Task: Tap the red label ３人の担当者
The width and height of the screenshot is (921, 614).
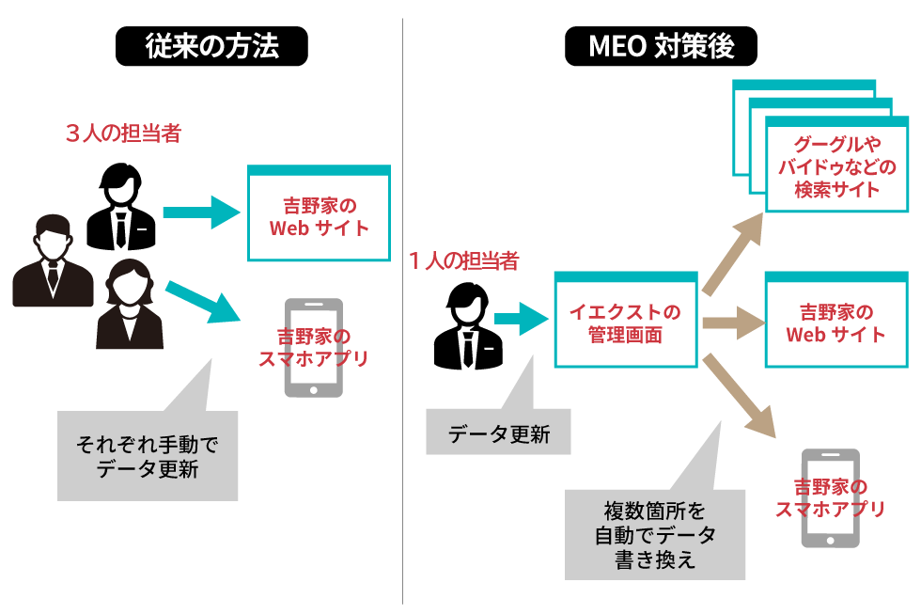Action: click(122, 134)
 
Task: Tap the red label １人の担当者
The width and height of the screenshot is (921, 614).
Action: click(463, 260)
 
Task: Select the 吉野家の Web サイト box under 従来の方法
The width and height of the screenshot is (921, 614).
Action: click(319, 215)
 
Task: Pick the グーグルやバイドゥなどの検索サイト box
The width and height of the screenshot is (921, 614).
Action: click(836, 165)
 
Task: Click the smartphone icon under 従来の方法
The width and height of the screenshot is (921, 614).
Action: click(313, 349)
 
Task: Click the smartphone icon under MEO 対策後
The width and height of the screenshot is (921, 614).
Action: click(830, 498)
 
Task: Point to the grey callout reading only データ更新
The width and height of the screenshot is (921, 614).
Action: click(498, 433)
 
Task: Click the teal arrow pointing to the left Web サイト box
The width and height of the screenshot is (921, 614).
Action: click(202, 212)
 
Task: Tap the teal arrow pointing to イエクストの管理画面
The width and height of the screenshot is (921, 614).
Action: click(519, 319)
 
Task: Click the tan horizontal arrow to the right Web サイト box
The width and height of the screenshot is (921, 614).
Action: click(730, 323)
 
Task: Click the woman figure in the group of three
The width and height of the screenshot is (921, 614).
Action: click(130, 306)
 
